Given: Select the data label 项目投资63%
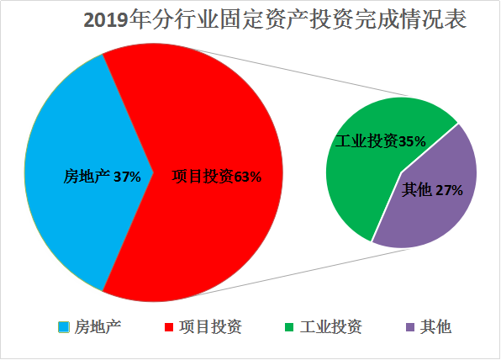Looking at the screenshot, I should [x=217, y=177].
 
